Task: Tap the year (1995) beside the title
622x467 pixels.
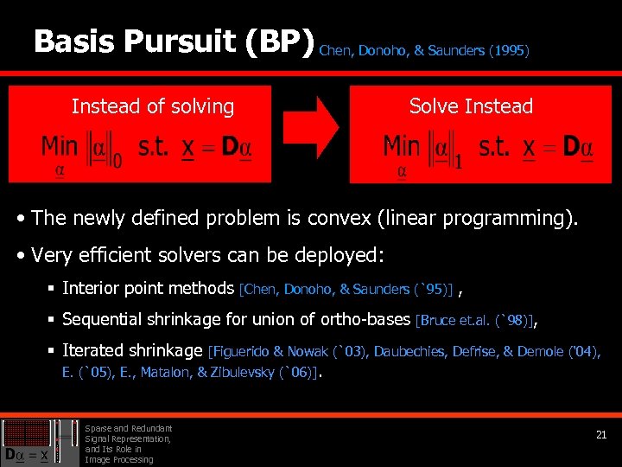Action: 509,51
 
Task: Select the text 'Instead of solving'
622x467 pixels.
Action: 152,106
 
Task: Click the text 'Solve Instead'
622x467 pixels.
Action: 471,106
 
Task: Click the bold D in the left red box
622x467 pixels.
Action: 230,147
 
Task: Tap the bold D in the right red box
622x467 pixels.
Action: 571,147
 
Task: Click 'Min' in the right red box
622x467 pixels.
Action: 402,146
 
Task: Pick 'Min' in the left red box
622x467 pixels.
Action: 60,146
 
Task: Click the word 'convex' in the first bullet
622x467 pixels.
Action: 340,218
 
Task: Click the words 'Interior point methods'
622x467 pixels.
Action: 149,288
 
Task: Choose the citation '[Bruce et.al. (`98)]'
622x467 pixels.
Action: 473,320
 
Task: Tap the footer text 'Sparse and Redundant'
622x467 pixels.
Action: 129,428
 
